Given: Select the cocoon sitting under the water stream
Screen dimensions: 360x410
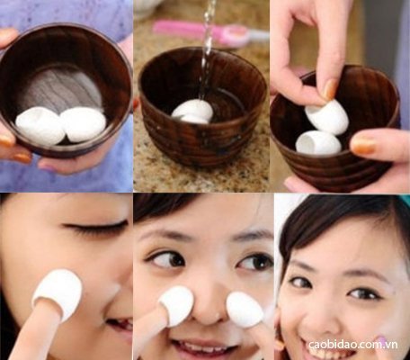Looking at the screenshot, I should point(193,111).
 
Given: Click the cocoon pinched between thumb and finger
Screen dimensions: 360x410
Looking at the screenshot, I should point(326,116).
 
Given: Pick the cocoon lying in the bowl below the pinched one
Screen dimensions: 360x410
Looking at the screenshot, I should point(318,142).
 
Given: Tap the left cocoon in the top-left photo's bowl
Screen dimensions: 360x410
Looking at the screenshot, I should point(40,125).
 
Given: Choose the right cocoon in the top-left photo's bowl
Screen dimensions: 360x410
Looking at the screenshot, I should point(83,123).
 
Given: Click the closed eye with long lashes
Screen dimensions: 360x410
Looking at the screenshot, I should point(89,227).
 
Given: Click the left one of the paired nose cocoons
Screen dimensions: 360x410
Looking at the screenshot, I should point(175,305).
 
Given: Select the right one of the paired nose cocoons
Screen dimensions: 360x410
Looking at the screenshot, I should point(244,309).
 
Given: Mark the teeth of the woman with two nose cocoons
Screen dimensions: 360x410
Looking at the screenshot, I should point(200,346).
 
